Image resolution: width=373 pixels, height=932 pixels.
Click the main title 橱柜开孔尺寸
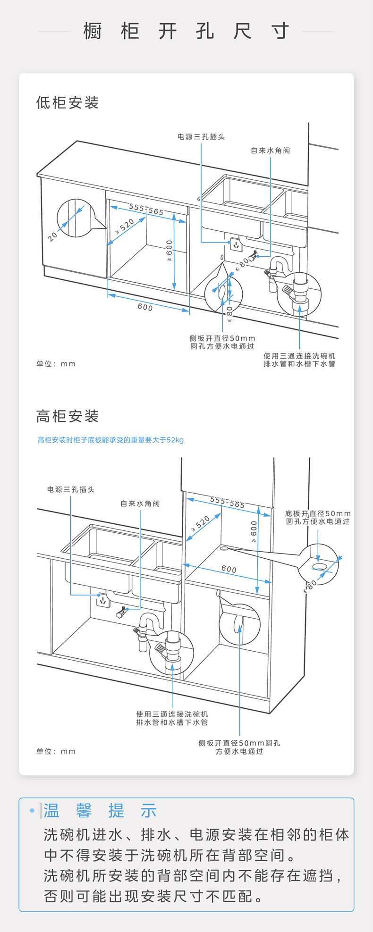tap(186, 32)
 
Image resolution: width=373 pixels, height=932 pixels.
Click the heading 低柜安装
tap(68, 102)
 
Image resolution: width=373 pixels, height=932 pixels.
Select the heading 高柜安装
tap(68, 416)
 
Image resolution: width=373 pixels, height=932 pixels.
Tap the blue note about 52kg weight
tap(110, 440)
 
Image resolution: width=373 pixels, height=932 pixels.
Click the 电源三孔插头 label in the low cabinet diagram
tap(201, 137)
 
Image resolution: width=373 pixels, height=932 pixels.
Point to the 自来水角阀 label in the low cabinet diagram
tap(270, 151)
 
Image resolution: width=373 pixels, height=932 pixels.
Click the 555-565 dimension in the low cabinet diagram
tap(146, 210)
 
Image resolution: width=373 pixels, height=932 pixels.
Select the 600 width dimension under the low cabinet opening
tap(145, 307)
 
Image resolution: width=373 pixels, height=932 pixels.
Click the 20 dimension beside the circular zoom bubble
tap(52, 236)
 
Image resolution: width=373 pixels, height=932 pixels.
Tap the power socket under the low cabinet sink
tap(236, 245)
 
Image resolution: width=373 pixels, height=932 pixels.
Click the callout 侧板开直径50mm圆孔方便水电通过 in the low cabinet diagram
tap(222, 342)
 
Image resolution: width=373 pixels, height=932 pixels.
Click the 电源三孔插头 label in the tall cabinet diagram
tap(71, 490)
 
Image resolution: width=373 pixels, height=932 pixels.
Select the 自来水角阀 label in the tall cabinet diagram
tap(140, 504)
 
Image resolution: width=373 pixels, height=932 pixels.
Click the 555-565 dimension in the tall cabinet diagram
tap(228, 502)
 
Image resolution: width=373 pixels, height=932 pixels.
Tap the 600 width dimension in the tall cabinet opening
tap(229, 569)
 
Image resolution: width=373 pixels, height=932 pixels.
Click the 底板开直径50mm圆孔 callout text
tap(318, 517)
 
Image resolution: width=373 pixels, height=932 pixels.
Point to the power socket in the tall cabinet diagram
tap(102, 601)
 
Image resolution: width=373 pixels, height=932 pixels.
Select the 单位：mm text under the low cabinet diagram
tap(56, 364)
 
